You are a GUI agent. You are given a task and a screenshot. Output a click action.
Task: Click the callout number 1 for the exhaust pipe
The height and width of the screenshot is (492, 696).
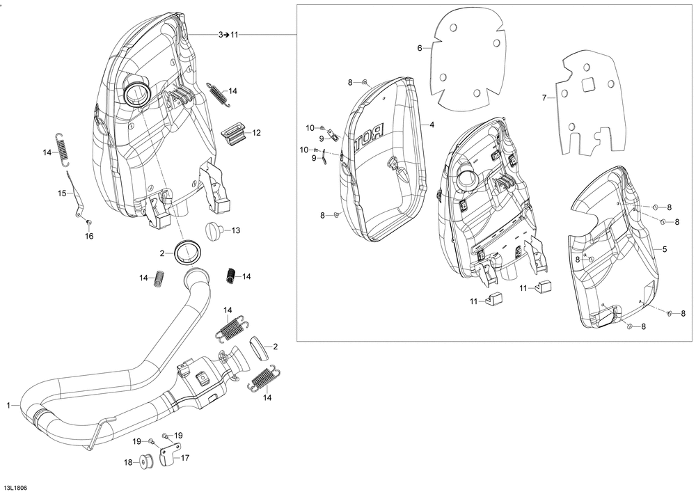pos(9,404)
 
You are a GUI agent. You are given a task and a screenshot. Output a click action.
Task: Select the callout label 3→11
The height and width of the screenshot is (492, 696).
pos(228,34)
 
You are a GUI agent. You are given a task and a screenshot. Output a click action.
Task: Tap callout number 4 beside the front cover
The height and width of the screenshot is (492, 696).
pos(432,125)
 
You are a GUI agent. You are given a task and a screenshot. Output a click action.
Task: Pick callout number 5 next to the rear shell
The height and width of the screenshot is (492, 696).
pos(665,248)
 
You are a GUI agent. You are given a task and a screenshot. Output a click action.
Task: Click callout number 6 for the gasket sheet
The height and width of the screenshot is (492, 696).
pos(420,48)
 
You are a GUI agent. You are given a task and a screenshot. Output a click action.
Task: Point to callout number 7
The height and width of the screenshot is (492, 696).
pos(544,98)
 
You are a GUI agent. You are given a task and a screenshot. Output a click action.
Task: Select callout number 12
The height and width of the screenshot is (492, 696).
pos(257,132)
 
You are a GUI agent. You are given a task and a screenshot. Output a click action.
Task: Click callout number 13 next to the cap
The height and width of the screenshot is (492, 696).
pos(236,230)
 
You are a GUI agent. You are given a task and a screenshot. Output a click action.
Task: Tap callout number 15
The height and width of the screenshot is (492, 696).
pos(61,192)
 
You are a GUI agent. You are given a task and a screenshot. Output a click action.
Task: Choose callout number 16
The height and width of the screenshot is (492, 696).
pos(88,237)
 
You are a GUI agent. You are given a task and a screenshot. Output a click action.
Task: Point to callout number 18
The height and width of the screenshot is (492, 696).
pos(127,462)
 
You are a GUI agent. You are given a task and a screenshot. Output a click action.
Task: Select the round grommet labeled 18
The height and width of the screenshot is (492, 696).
pos(147,462)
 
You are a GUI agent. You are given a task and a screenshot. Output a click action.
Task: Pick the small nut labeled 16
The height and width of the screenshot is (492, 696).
pos(89,222)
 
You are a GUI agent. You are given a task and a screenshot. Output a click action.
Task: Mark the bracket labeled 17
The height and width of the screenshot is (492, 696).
pos(171,457)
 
